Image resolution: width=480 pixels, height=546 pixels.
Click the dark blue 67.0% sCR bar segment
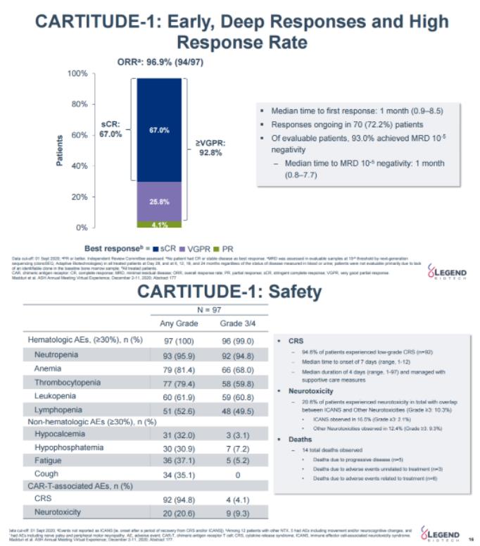pyautogui.click(x=159, y=130)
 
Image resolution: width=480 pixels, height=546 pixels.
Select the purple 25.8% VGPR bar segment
pyautogui.click(x=159, y=201)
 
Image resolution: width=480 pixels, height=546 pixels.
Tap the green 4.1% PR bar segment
pyautogui.click(x=159, y=225)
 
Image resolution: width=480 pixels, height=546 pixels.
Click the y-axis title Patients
pyautogui.click(x=61, y=150)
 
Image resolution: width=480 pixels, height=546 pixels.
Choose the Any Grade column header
pyautogui.click(x=179, y=323)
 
